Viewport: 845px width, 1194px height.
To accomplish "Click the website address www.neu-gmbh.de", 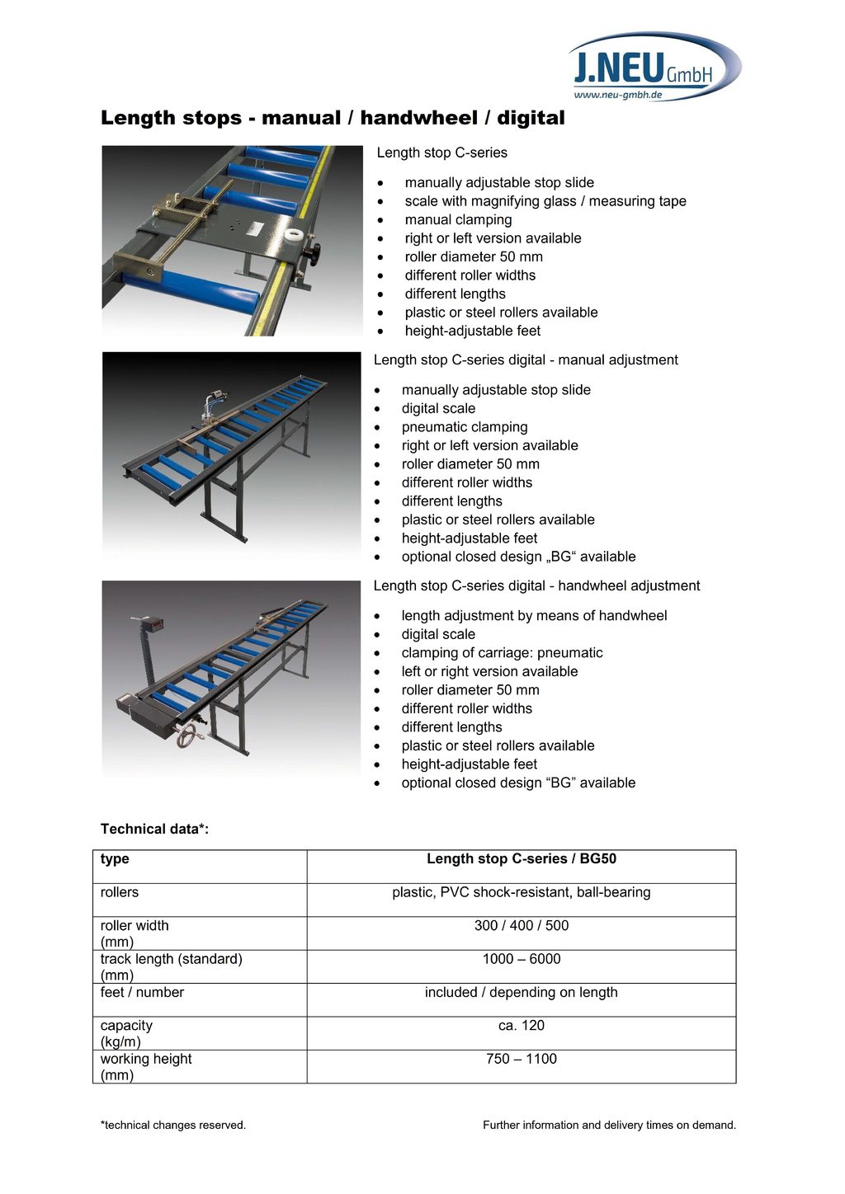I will (618, 95).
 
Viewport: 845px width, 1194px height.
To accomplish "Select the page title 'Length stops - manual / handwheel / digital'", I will (333, 118).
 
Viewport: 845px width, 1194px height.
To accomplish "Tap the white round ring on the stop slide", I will (293, 234).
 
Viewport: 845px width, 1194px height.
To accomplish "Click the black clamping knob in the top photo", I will (312, 254).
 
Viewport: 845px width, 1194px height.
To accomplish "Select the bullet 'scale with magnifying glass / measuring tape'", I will (545, 201).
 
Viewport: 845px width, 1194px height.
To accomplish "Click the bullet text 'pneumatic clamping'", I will (464, 427).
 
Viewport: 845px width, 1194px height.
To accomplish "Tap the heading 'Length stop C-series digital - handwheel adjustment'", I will (536, 585).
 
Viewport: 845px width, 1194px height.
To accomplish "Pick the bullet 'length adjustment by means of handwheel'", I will (534, 616).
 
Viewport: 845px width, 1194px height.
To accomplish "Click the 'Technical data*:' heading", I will (154, 829).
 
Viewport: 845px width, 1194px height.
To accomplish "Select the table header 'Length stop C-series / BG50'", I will (521, 859).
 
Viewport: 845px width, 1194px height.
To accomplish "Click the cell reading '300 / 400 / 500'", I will (521, 926).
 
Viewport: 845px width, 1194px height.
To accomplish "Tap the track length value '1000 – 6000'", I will (521, 959).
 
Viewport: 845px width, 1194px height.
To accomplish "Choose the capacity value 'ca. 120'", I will (521, 1026).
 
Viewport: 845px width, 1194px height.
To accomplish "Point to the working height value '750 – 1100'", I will (521, 1059).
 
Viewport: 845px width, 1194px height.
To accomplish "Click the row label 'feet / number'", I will (142, 993).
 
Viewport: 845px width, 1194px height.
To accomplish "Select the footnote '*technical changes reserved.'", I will (172, 1125).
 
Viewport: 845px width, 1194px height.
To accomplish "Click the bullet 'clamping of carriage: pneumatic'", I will (502, 653).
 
